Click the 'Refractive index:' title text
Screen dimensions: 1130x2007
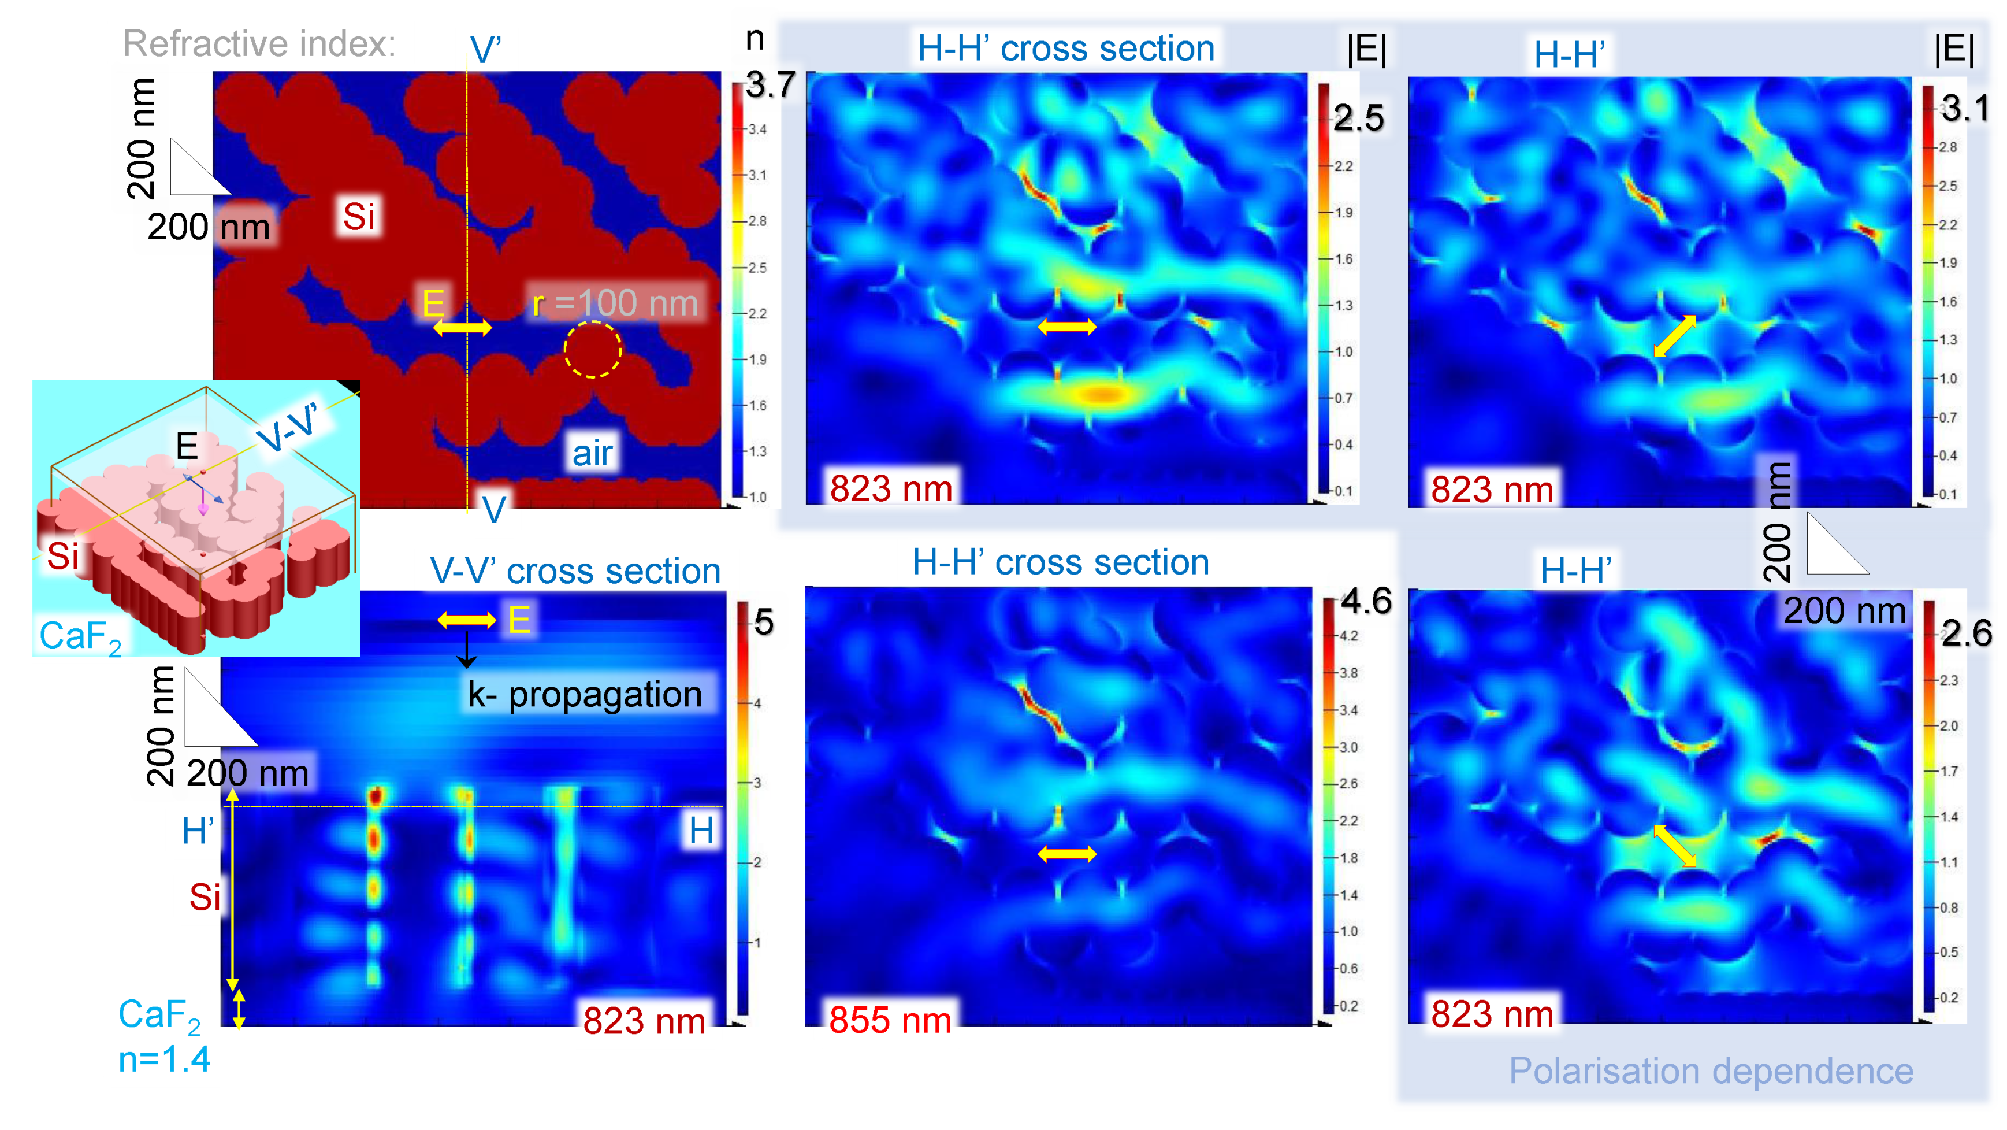coord(259,44)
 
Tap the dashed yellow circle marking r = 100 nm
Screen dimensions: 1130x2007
coord(593,350)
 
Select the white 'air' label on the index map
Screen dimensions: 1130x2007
coord(592,453)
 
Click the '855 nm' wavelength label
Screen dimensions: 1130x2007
coord(890,1020)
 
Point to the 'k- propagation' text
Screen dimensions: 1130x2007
coord(584,694)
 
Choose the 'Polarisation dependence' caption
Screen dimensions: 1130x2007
coord(1711,1071)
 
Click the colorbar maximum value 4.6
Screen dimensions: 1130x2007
coord(1366,602)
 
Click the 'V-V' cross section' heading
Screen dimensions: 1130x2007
coord(575,571)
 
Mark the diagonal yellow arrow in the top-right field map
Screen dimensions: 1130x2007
coord(1675,336)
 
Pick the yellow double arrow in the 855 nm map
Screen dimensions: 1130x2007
coord(1066,855)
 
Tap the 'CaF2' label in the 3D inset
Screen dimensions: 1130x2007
coord(80,637)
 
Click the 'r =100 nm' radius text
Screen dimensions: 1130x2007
coord(615,303)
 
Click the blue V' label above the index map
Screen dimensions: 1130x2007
coord(485,51)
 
